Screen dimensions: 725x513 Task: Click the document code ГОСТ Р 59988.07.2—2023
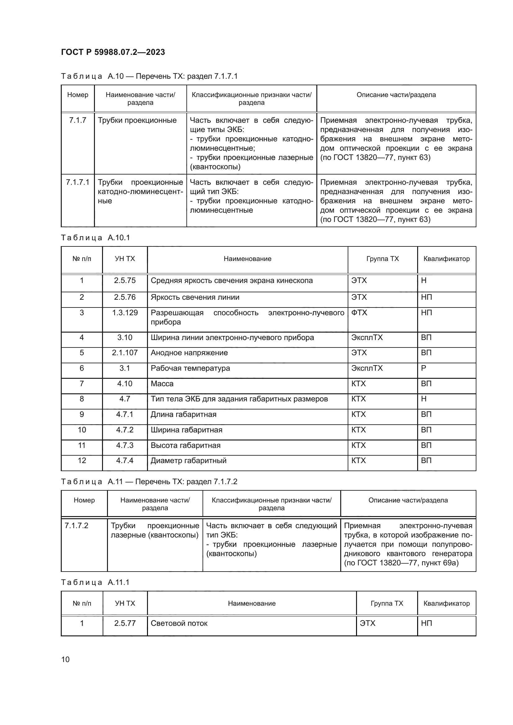(113, 52)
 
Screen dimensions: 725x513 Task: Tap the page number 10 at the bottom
(65, 659)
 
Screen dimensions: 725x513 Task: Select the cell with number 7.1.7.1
(78, 182)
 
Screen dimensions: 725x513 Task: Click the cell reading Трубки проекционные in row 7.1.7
(137, 120)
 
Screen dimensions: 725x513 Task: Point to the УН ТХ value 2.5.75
(125, 281)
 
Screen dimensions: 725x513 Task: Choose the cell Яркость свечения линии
(195, 297)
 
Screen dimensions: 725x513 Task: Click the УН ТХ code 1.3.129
(125, 313)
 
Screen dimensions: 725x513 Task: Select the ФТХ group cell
(359, 313)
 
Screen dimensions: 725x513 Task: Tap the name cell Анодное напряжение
(189, 353)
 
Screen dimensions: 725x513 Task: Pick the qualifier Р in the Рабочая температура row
(424, 368)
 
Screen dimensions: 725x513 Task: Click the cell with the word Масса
(162, 384)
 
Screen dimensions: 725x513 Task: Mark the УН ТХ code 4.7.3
(125, 445)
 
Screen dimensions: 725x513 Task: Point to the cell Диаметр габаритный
(189, 460)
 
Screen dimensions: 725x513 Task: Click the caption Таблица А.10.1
(96, 237)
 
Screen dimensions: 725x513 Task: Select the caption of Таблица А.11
(149, 482)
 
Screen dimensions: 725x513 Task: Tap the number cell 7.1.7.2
(76, 525)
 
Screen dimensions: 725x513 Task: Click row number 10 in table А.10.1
(82, 430)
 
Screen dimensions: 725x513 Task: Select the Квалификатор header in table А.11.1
(446, 603)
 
